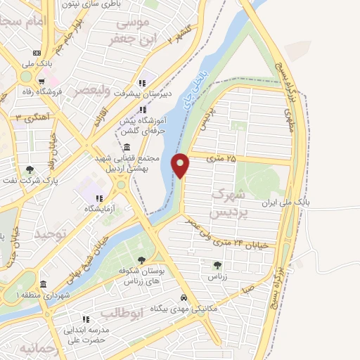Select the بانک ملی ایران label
285,202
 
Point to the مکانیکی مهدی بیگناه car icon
184,297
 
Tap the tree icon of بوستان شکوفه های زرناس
142,260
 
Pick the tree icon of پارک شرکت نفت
30,169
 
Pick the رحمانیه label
36,349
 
